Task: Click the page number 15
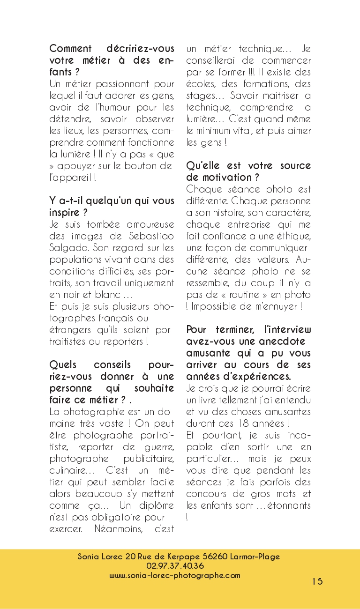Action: point(317,581)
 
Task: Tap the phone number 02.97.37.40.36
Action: point(179,566)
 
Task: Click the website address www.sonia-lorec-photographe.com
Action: point(175,575)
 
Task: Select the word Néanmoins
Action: point(117,529)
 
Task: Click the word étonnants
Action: point(289,505)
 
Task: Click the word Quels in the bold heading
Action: point(63,365)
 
